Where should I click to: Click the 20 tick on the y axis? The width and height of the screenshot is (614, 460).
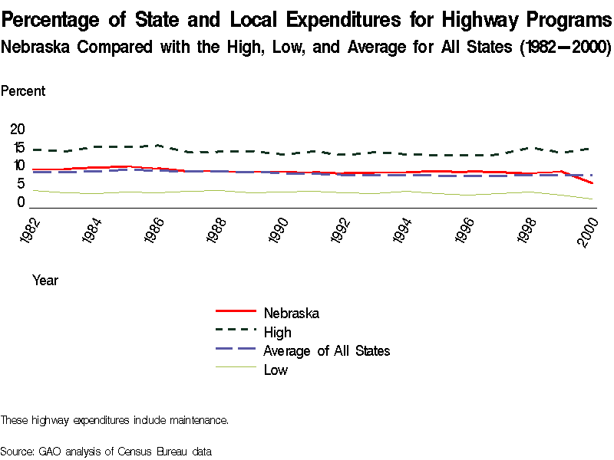click(17, 129)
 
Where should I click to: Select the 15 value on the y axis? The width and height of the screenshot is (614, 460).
click(17, 147)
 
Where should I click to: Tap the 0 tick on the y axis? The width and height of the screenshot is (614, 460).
click(21, 202)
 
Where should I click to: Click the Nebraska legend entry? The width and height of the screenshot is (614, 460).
click(291, 313)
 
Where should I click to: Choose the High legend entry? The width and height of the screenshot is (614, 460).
click(277, 332)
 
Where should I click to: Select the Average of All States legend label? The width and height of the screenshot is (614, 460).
click(326, 351)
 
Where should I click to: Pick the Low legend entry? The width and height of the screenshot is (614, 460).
click(276, 370)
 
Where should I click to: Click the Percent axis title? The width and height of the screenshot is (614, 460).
click(23, 91)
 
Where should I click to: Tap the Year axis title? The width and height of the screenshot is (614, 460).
click(45, 281)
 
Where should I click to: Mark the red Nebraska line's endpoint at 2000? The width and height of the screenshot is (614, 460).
click(592, 183)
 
